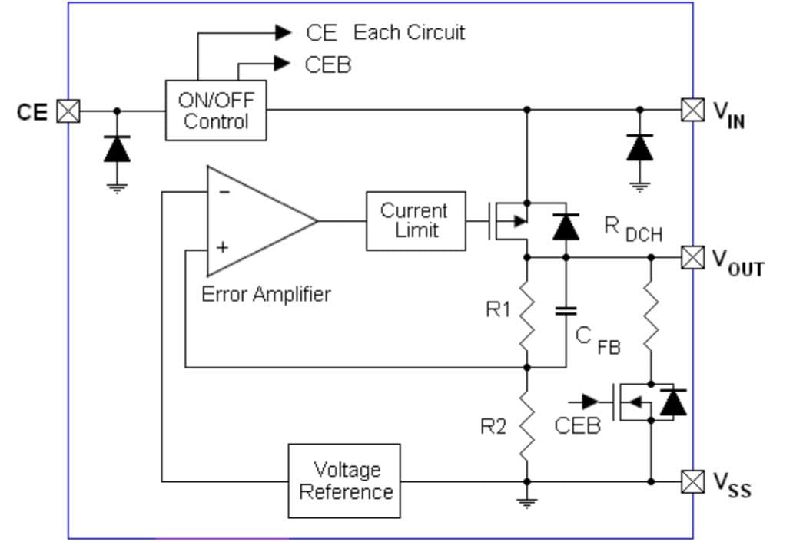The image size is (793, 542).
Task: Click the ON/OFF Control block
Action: [x=216, y=111]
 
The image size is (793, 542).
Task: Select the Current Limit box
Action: [x=415, y=220]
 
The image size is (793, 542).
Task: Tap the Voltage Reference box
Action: [x=344, y=481]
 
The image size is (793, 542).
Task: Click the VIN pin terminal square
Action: [x=692, y=110]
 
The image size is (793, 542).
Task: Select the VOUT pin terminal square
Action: [x=692, y=257]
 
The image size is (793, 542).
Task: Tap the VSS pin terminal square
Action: [x=692, y=481]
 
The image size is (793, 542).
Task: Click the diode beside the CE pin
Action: [x=117, y=149]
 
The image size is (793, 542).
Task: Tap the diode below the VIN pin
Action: [x=639, y=147]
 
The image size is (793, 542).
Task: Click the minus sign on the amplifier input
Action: [x=224, y=192]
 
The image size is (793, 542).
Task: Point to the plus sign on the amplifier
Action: [x=224, y=248]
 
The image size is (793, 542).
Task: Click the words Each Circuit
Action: [x=409, y=33]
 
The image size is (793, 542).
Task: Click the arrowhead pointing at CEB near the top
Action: [x=282, y=64]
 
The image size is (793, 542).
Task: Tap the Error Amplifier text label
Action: [x=266, y=294]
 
